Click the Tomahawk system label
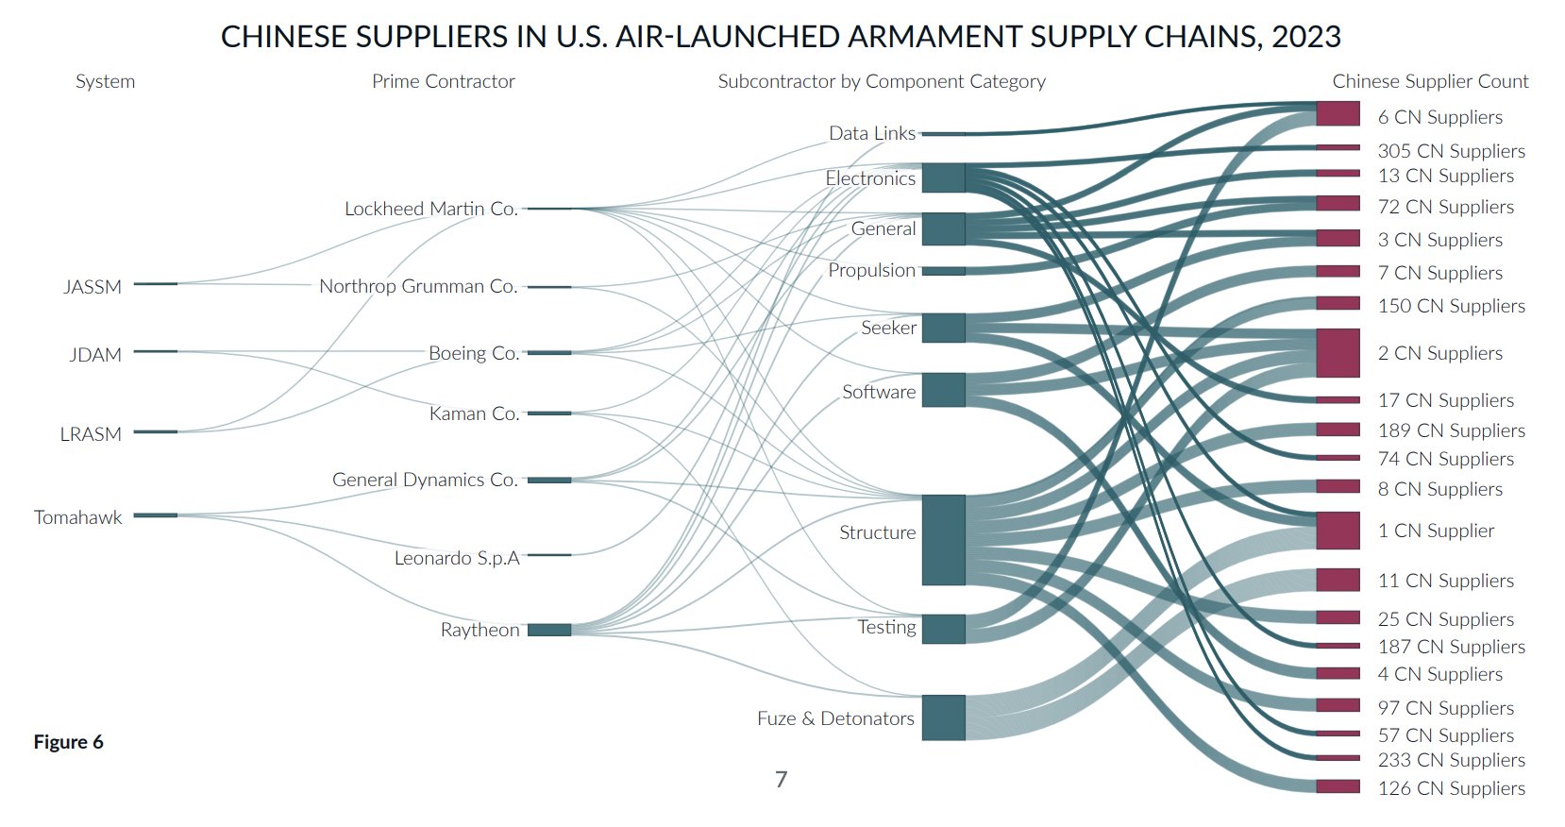[x=77, y=517]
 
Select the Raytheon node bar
[x=549, y=630]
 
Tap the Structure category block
[x=943, y=540]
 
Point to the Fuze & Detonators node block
[x=943, y=717]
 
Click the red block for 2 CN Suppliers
[x=1338, y=353]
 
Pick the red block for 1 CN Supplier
[x=1338, y=531]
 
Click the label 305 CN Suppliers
[x=1451, y=151]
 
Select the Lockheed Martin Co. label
[x=431, y=209]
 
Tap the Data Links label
[x=872, y=133]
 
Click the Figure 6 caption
[x=69, y=742]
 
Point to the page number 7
[x=782, y=780]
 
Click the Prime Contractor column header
[x=443, y=81]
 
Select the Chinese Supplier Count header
[x=1430, y=81]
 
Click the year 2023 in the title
[x=1305, y=37]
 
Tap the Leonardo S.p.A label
[x=457, y=558]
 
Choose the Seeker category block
[x=943, y=328]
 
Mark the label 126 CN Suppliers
[x=1451, y=788]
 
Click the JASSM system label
[x=93, y=287]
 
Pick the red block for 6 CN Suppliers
[x=1338, y=113]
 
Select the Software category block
[x=943, y=389]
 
